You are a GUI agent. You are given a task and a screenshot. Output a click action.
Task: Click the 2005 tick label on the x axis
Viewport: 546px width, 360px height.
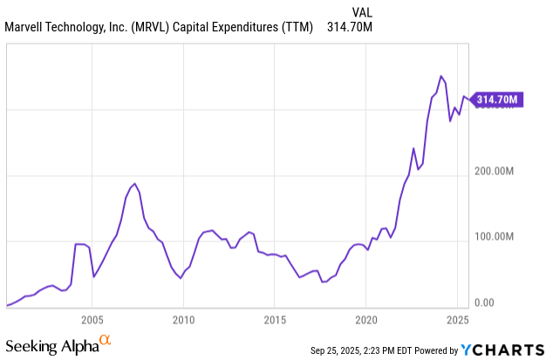(92, 319)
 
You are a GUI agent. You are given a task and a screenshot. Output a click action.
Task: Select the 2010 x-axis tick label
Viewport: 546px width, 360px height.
(183, 319)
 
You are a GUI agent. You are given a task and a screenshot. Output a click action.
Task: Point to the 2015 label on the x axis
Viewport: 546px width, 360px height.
(275, 319)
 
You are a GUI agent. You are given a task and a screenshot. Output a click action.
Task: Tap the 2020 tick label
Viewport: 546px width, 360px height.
(366, 319)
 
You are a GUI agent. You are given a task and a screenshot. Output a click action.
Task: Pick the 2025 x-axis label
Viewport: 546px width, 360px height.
(457, 319)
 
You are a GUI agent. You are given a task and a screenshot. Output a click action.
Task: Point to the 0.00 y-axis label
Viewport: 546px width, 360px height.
(484, 302)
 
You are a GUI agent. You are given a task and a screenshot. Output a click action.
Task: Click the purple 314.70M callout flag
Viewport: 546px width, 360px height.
(498, 99)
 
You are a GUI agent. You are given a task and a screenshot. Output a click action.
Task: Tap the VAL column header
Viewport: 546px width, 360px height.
(363, 10)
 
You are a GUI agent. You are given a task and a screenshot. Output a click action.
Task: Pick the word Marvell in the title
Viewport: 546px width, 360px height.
(26, 26)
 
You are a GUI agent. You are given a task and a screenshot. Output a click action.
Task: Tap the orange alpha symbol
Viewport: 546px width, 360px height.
(105, 340)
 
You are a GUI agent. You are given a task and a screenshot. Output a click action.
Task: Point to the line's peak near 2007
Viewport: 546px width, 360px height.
(134, 184)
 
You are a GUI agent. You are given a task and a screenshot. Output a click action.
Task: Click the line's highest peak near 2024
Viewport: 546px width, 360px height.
(441, 77)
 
